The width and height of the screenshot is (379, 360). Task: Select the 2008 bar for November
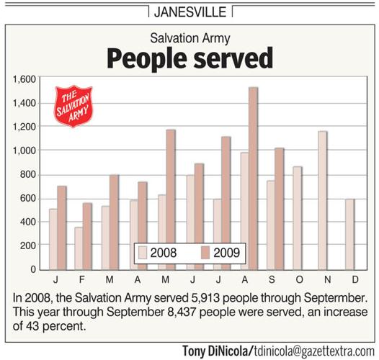(x=322, y=200)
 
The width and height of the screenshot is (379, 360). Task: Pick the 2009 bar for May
(x=171, y=199)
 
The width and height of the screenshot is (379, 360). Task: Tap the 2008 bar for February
(x=78, y=248)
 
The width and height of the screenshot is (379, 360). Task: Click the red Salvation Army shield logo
(x=74, y=107)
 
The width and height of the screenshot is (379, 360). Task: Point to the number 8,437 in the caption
(x=169, y=312)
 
